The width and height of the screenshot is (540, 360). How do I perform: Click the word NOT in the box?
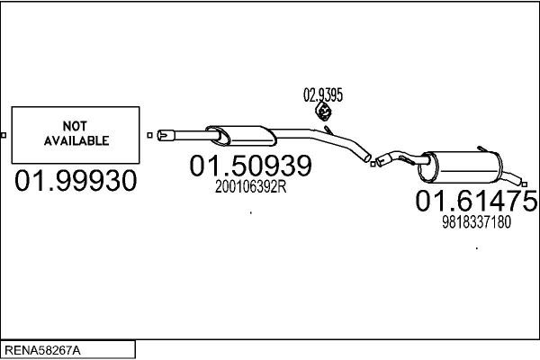[x=75, y=126]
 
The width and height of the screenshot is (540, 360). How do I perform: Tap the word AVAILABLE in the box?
[x=76, y=140]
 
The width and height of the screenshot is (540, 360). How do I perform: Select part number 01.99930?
[x=76, y=181]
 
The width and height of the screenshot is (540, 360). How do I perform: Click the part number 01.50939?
[x=251, y=166]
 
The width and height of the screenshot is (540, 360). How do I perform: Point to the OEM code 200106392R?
[x=251, y=187]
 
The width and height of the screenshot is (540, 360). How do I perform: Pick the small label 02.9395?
[x=323, y=95]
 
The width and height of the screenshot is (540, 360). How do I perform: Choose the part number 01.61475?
[x=476, y=201]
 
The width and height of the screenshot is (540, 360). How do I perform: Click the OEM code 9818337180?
[x=477, y=222]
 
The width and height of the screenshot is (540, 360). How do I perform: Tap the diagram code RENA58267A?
[x=42, y=351]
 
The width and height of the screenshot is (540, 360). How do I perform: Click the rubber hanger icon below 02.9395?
[x=323, y=111]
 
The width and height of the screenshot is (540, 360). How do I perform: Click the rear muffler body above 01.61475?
[x=461, y=167]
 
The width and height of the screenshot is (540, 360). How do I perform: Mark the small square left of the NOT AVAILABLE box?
[x=4, y=135]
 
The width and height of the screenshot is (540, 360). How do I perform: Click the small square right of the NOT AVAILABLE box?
[x=149, y=135]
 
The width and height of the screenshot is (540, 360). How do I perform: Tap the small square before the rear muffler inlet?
[x=373, y=164]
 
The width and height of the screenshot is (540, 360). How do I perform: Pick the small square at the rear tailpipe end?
[x=525, y=184]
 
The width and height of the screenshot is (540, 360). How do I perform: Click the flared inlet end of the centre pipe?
[x=166, y=135]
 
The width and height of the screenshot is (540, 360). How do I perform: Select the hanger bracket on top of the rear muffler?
[x=482, y=148]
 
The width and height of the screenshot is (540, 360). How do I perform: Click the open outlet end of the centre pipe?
[x=367, y=158]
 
